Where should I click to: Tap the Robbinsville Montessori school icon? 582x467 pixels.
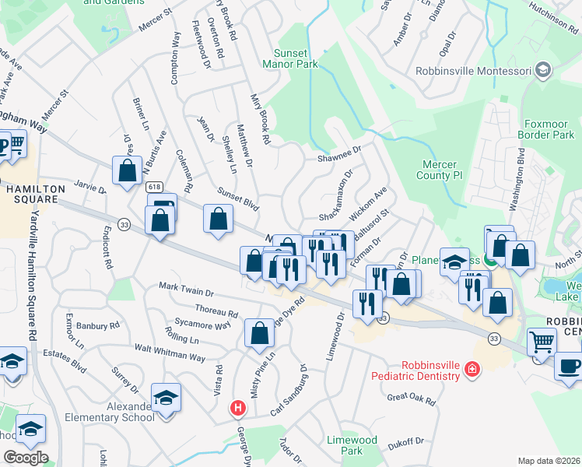click(x=543, y=72)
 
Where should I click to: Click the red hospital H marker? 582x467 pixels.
click(x=239, y=407)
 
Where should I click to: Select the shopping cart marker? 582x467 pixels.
click(x=542, y=340)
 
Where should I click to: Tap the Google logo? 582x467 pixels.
click(x=26, y=458)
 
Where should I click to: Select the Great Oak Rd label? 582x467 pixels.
click(x=411, y=399)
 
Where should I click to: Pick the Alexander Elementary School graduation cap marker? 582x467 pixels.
click(x=167, y=398)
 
